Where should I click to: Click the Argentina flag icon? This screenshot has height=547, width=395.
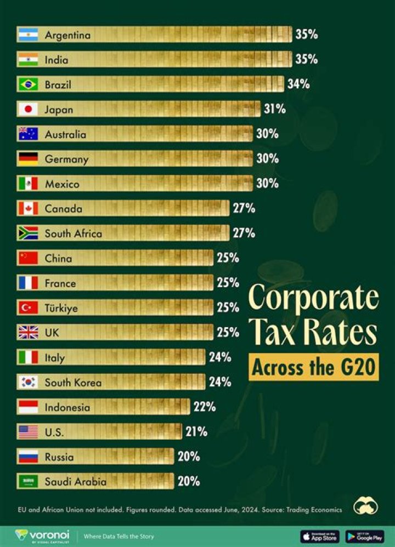tap(27, 35)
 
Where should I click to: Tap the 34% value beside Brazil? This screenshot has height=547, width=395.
tap(298, 84)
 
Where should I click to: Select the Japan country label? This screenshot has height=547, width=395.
tap(59, 110)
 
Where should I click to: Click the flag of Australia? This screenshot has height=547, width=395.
tap(27, 134)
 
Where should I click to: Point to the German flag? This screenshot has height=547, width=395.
tap(27, 159)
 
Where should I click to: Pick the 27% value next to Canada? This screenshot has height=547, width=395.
tap(244, 208)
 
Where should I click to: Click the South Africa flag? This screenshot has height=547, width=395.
tap(27, 233)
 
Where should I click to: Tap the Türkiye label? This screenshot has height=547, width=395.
tap(61, 308)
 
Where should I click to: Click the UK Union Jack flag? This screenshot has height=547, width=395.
tap(27, 333)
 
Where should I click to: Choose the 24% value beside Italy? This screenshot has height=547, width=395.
tap(220, 357)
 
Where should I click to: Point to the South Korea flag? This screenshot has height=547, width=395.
tap(27, 382)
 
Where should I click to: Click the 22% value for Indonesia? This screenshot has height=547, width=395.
tap(204, 407)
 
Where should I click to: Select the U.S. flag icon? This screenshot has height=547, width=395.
tap(27, 432)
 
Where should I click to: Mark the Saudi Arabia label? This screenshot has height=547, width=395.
tap(75, 482)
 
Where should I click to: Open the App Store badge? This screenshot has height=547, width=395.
tap(320, 536)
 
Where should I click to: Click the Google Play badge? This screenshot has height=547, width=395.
tap(365, 536)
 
